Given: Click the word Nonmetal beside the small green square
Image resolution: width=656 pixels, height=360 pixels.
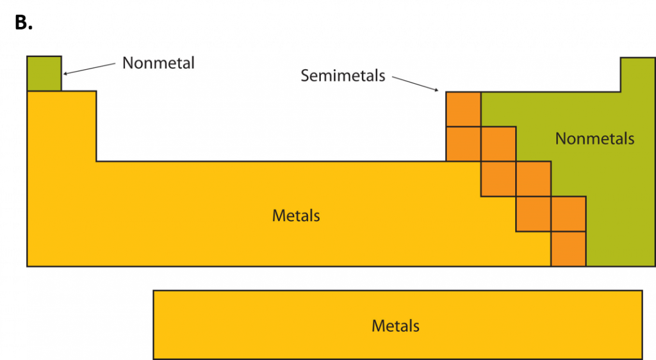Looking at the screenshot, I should coord(158,63).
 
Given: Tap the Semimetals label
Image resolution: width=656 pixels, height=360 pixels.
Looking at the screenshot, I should coord(343,76).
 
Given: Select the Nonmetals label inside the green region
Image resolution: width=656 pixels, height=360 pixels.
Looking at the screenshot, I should coord(594,138).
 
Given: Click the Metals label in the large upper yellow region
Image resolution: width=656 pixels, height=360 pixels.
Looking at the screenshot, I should coord(296,215).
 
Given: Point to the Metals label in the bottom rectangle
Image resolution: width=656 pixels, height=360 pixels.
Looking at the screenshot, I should coord(395,325).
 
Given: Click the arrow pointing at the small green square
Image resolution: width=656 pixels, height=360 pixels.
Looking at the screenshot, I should coord(91,69).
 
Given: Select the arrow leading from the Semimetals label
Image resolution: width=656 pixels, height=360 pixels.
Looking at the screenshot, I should coord(415,84).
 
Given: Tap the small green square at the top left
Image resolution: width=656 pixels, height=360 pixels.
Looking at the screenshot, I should coord(44,74).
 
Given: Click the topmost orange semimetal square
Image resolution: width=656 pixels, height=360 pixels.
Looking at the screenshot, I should coord(463,110).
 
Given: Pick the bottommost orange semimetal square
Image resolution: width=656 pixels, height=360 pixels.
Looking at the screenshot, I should coord(568,249).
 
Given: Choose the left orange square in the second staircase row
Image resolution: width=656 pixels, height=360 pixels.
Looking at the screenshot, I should coord(463,144).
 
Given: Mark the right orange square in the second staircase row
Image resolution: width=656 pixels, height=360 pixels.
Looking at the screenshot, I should coord(498,144).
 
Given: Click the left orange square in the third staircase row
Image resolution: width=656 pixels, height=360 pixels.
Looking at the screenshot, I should coord(498,179).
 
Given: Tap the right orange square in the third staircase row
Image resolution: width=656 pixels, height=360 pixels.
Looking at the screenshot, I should coord(533,179).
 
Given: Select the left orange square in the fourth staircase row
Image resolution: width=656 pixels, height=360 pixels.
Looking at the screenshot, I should coord(533,214).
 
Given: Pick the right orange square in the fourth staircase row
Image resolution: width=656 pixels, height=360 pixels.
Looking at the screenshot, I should coord(568,214).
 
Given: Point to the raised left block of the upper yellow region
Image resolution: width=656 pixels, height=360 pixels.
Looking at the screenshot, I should coord(61,126).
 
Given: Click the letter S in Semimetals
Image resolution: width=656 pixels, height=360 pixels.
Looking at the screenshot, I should coord(305,76).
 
